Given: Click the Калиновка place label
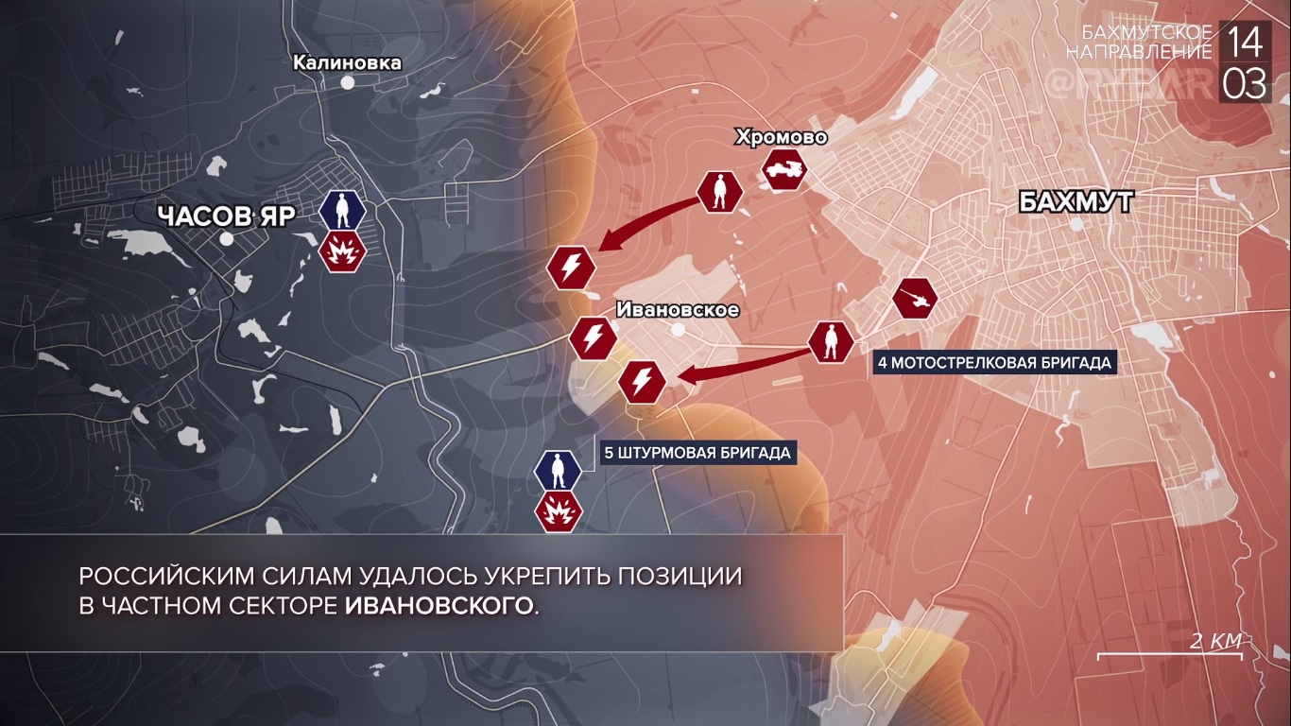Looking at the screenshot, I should pos(347,62).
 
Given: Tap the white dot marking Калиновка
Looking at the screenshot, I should pos(348,83).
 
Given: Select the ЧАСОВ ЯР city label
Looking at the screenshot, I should pos(226,216).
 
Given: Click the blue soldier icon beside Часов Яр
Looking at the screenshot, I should pos(342,211).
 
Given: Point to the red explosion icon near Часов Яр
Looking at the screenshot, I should pos(341,252).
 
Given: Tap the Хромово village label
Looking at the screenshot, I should pos(781,138).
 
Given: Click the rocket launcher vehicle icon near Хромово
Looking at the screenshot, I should pos(783,171).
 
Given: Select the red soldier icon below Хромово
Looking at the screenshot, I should pos(719,192).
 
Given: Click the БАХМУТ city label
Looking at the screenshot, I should pos(1076,201).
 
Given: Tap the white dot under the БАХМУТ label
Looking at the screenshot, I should pos(1076,225).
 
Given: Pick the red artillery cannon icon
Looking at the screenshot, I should pos(915,300).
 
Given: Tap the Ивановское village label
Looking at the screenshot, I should pos(677,309).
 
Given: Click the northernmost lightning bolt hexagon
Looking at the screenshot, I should pos(572,268).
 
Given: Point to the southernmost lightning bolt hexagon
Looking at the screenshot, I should pos(643,382).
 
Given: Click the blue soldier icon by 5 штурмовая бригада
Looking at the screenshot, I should pos(559,469).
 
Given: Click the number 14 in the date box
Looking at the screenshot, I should pos(1245,43).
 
